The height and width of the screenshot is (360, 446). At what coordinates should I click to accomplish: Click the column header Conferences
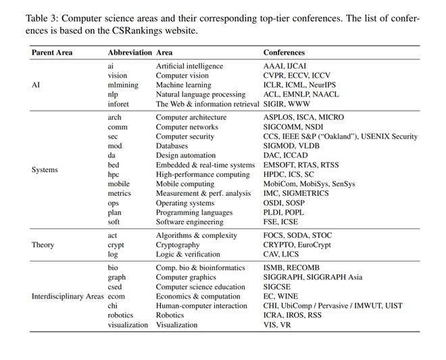[284, 53]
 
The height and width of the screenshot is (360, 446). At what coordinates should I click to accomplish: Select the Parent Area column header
[52, 53]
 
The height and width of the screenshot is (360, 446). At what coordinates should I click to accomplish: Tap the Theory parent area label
[43, 245]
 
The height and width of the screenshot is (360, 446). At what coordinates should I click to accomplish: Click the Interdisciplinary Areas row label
[68, 297]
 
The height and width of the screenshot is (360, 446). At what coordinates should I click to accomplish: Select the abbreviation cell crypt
[117, 245]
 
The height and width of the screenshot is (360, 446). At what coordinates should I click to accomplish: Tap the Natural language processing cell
[205, 95]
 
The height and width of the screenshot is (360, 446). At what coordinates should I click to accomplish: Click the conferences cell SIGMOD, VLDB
[291, 146]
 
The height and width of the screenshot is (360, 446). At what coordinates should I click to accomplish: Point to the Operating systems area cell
[187, 203]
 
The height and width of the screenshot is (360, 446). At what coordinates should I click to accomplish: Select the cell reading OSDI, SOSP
[286, 203]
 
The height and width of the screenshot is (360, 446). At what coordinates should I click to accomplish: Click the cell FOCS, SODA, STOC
[297, 236]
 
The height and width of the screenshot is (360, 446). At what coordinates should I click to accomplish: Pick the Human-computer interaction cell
[201, 306]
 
